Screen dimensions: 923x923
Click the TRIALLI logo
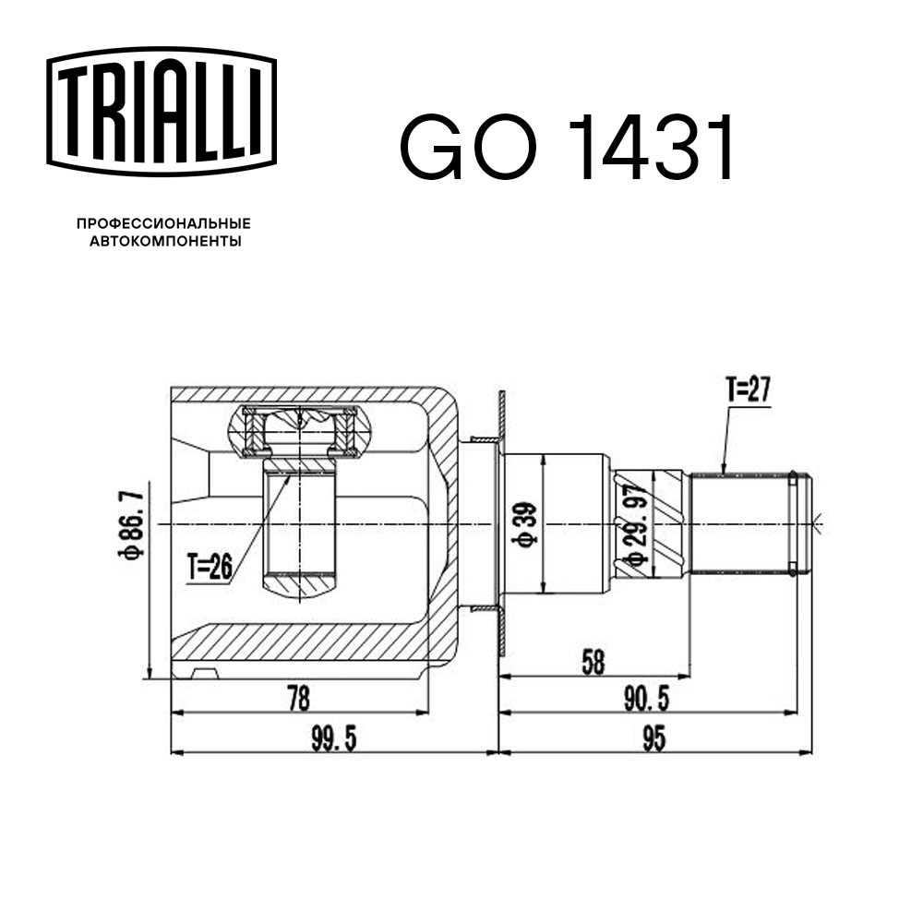[162, 112]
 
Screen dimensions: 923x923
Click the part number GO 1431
[568, 147]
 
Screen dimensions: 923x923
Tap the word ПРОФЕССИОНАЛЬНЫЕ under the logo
[163, 223]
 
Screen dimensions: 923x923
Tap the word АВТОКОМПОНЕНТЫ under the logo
[165, 241]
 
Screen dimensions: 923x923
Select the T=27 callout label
[749, 390]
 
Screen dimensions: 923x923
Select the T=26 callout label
[210, 568]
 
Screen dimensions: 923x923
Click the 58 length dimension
[593, 663]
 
